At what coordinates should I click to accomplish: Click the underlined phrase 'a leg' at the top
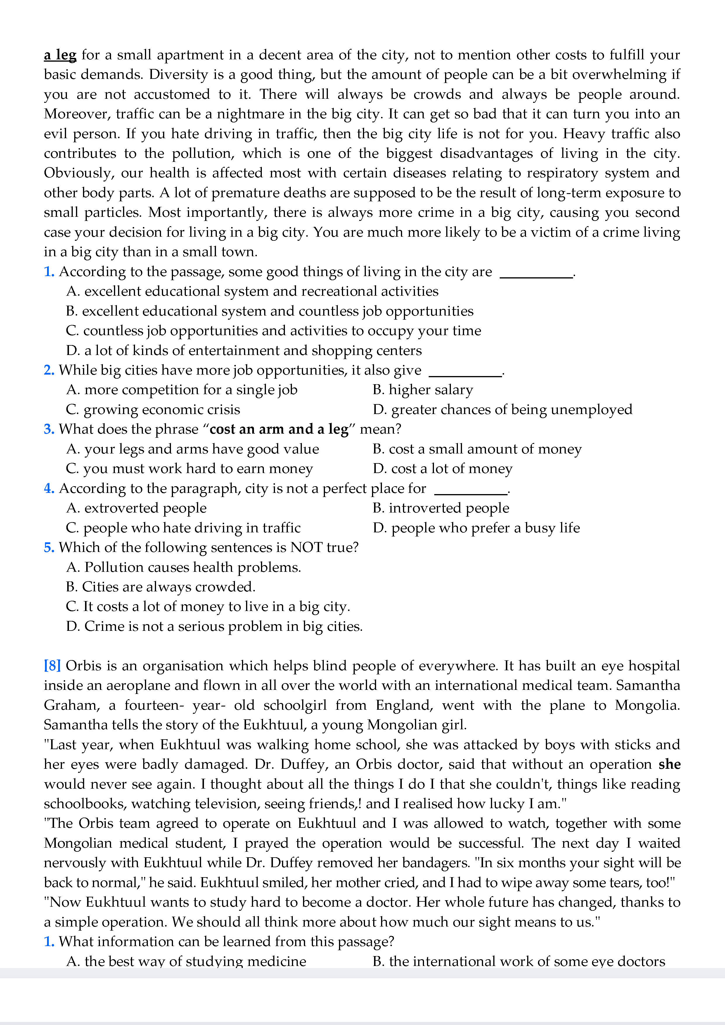coord(60,55)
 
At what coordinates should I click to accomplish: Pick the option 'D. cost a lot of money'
coord(443,468)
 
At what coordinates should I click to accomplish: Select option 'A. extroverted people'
coord(136,508)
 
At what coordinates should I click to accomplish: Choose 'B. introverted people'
coord(441,508)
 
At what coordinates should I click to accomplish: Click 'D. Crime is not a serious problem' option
coord(214,626)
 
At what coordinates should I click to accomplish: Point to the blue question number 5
coord(49,547)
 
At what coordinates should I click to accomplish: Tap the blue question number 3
coord(49,429)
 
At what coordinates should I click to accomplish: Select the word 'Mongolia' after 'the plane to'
coord(646,705)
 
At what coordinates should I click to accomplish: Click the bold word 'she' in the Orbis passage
coord(669,764)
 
